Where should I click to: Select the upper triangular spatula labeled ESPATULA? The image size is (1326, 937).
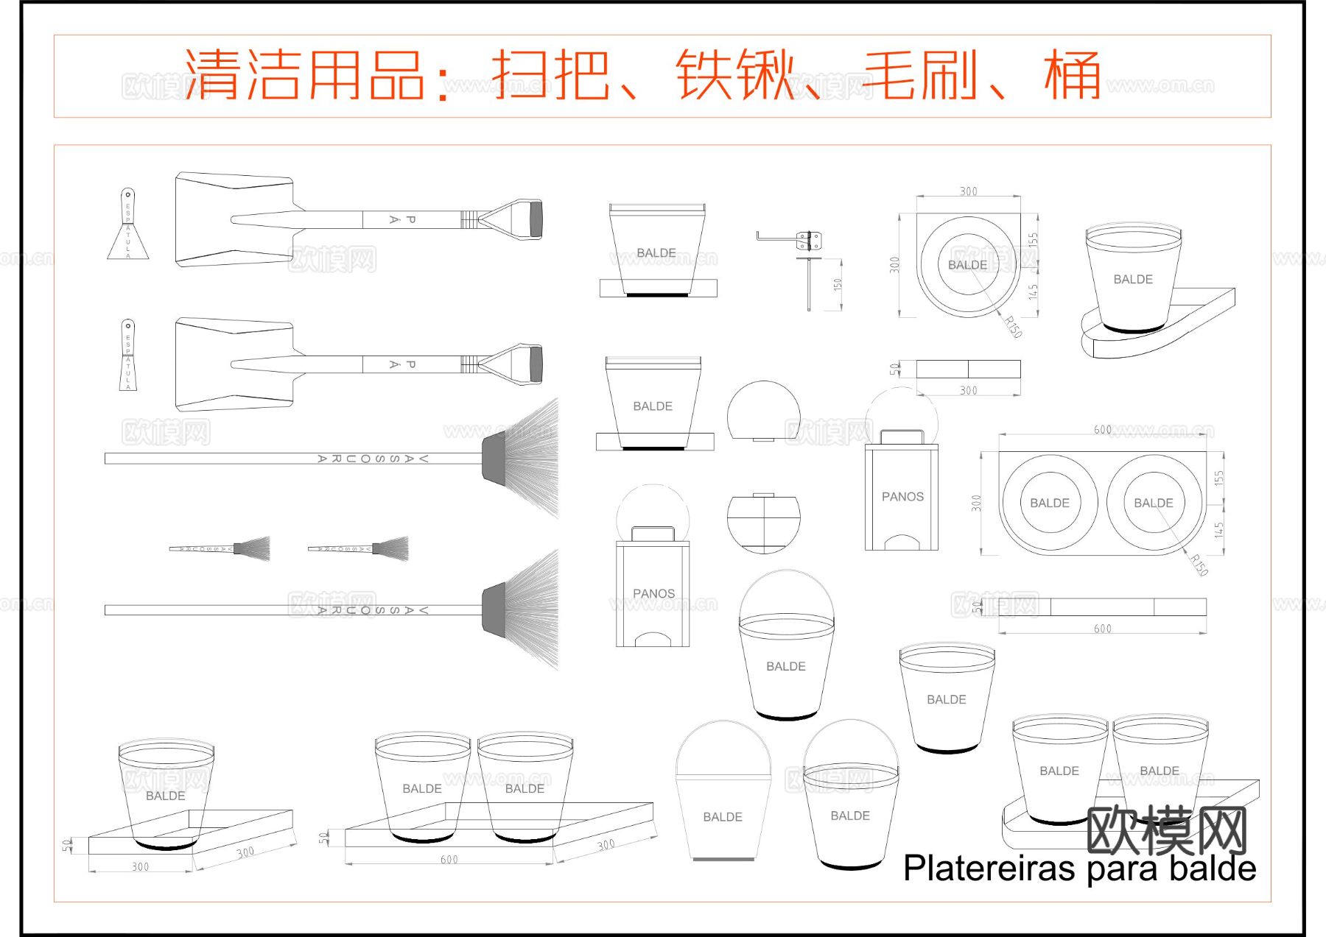128,225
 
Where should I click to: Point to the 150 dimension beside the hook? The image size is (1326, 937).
838,284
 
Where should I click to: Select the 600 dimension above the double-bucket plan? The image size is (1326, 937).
1102,429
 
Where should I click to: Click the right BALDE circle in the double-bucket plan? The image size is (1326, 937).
1153,503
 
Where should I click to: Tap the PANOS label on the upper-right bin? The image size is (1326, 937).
902,497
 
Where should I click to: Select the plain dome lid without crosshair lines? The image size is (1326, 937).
763,410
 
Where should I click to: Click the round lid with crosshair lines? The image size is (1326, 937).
763,523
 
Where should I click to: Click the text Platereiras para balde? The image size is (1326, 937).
1079,868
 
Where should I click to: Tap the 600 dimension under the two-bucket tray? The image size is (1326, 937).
449,859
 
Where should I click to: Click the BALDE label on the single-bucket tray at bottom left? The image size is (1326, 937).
166,796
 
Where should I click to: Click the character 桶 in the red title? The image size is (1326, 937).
1073,75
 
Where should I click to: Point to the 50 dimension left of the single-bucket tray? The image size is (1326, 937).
67,844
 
